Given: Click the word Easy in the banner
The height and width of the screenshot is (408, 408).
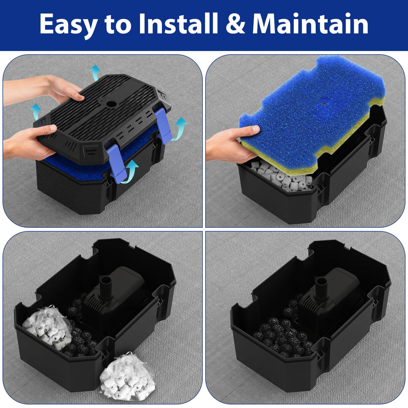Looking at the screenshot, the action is click(x=69, y=24).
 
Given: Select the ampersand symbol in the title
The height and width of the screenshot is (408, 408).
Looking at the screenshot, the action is click(x=235, y=24).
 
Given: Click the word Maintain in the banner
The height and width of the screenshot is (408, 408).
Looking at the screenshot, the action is click(x=310, y=24).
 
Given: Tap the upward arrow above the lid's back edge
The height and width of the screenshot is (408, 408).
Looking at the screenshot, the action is click(x=95, y=72).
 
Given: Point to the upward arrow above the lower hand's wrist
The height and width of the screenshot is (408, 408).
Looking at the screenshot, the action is click(x=35, y=111).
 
